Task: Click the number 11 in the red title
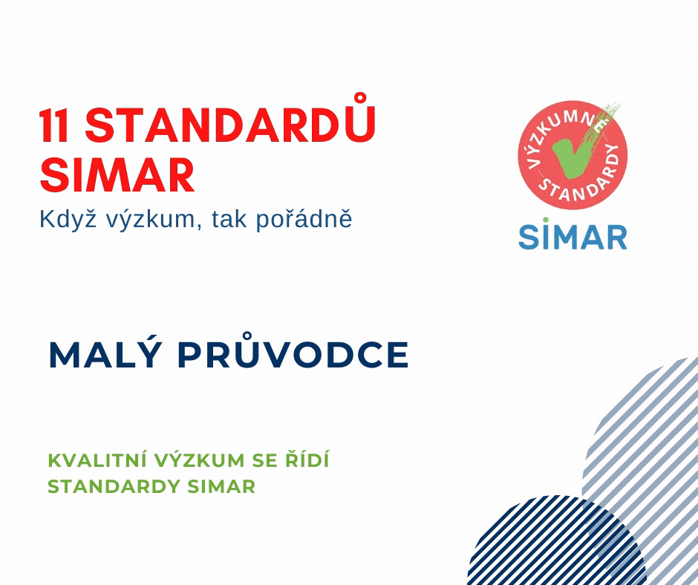coord(54,125)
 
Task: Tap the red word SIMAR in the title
coord(117,175)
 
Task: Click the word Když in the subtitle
coord(68,219)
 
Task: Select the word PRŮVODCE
coord(293,350)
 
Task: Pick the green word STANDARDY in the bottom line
coord(113,486)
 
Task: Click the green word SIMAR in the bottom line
coord(221,486)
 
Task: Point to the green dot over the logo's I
coord(545,220)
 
